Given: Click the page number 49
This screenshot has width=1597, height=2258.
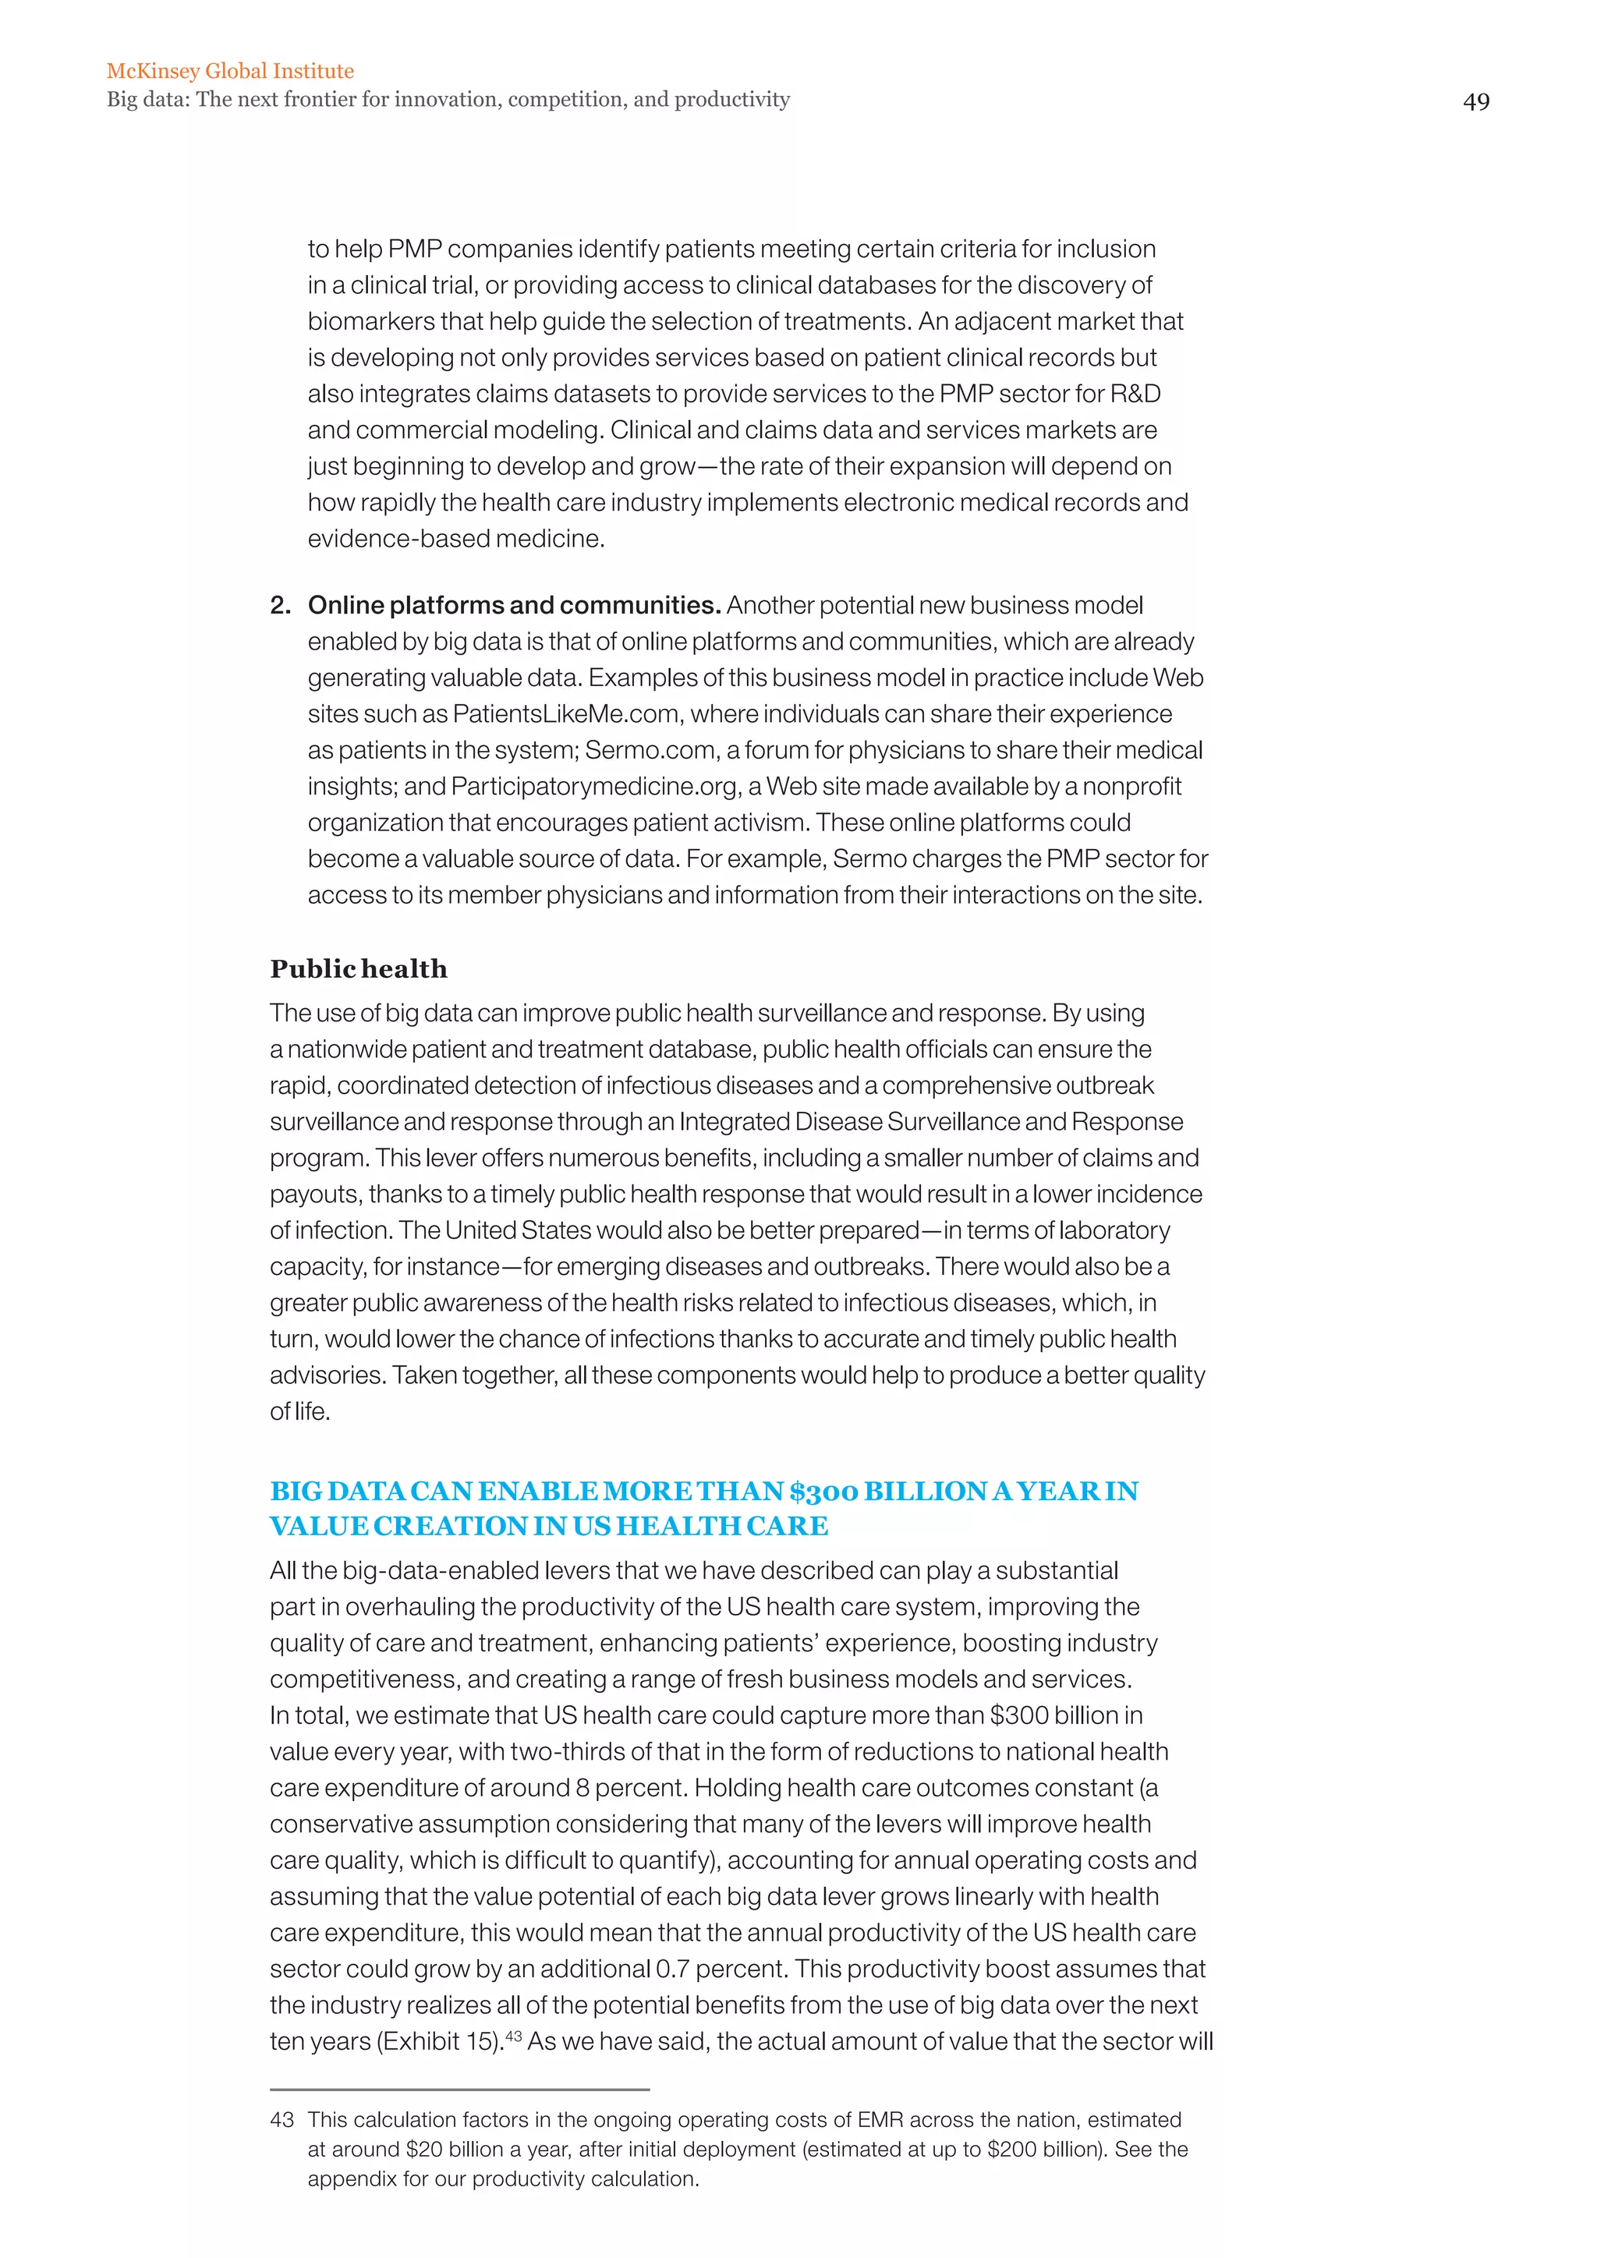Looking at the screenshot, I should pyautogui.click(x=1475, y=102).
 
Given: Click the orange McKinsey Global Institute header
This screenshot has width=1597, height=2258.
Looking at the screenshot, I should pyautogui.click(x=230, y=71).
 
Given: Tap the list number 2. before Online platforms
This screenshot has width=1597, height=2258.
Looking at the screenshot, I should pyautogui.click(x=280, y=605).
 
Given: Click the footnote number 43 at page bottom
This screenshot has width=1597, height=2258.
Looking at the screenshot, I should pyautogui.click(x=282, y=2120).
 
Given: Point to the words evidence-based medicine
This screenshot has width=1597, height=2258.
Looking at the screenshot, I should pyautogui.click(x=455, y=539).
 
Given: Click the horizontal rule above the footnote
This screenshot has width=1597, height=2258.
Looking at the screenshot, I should pyautogui.click(x=459, y=2089).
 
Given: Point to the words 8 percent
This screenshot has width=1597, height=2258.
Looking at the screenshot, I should pyautogui.click(x=619, y=1788).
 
